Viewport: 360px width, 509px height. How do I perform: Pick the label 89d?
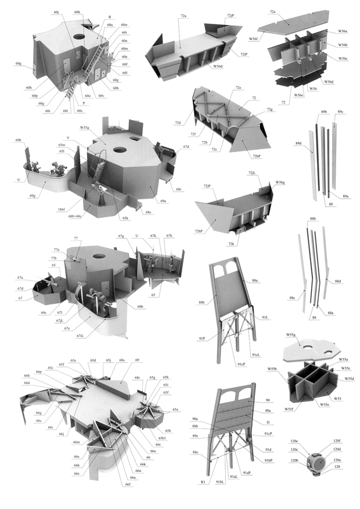pos(298,141)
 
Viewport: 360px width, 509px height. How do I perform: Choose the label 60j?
pos(56,12)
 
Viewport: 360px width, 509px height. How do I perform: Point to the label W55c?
pos(346,368)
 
